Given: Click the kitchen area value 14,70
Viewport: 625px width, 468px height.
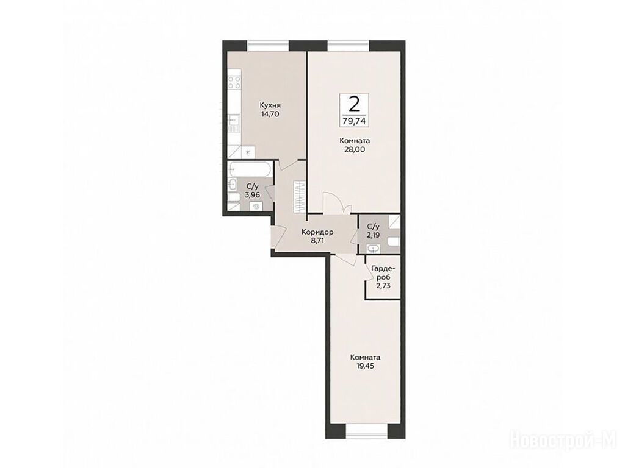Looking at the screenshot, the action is click(270, 114).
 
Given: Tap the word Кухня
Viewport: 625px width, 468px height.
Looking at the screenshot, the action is click(270, 105).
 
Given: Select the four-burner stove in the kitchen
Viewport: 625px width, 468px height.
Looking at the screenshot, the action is click(234, 82).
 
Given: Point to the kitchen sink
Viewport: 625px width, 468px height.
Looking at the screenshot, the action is click(234, 120).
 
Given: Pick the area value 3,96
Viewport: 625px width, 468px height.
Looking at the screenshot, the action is click(253, 195).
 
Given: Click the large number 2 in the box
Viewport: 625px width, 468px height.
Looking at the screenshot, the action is click(353, 104).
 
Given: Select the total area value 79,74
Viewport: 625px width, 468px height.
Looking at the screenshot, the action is click(353, 121).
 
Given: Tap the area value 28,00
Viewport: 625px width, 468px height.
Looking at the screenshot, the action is click(355, 149).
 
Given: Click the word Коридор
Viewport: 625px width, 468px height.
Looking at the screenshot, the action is click(317, 232).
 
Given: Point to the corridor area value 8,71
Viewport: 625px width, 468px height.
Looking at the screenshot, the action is click(317, 240).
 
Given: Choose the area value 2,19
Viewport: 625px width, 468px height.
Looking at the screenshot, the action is click(374, 235).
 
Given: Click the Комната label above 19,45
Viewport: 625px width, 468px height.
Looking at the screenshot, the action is click(365, 357).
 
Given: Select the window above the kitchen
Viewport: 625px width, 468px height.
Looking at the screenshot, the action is click(268, 46).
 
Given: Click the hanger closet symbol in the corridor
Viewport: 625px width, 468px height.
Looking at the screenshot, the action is click(299, 197).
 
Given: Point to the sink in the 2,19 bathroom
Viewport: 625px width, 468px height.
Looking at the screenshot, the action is click(374, 249).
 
